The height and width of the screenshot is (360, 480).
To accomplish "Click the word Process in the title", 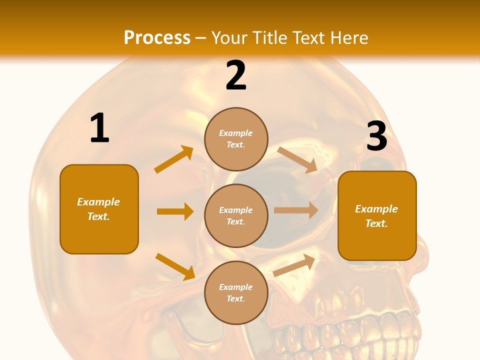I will pyautogui.click(x=157, y=37).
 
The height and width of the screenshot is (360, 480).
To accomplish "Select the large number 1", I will pyautogui.click(x=99, y=128).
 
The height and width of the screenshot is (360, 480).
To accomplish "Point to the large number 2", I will pyautogui.click(x=236, y=75).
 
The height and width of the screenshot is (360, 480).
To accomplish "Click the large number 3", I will pyautogui.click(x=376, y=136).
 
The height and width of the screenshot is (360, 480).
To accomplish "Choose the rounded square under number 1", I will pyautogui.click(x=99, y=209).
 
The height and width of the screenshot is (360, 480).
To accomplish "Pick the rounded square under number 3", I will pyautogui.click(x=377, y=215).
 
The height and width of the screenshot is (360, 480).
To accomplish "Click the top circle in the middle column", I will pyautogui.click(x=236, y=139).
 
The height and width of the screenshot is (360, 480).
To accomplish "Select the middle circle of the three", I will pyautogui.click(x=236, y=215).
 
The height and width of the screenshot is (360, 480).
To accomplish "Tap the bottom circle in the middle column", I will pyautogui.click(x=236, y=292).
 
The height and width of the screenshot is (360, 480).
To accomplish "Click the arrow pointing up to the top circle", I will pyautogui.click(x=174, y=159).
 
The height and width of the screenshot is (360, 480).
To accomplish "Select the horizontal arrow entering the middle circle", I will pyautogui.click(x=175, y=211).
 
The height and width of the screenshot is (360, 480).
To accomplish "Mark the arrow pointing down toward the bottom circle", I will pyautogui.click(x=175, y=266).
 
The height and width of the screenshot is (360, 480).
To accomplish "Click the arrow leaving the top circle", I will pyautogui.click(x=297, y=159).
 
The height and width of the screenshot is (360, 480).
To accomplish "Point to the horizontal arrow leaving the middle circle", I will pyautogui.click(x=296, y=210).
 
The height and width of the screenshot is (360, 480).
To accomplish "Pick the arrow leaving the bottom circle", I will pyautogui.click(x=294, y=265).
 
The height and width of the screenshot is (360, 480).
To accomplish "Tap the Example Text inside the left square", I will pyautogui.click(x=98, y=209).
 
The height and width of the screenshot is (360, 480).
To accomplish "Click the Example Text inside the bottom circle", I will pyautogui.click(x=235, y=292).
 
